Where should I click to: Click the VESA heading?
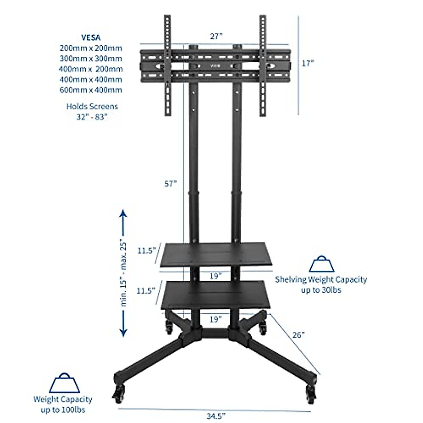coord(91,37)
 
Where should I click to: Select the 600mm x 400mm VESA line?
coord(91,90)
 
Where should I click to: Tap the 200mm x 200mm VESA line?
coord(91,48)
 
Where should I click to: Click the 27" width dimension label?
coord(216,36)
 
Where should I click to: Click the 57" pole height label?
coord(170,184)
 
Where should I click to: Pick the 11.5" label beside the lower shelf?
coord(147,291)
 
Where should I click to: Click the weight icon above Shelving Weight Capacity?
coord(321,264)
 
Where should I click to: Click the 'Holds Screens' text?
coord(92,106)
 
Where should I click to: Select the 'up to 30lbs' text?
coord(321,290)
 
